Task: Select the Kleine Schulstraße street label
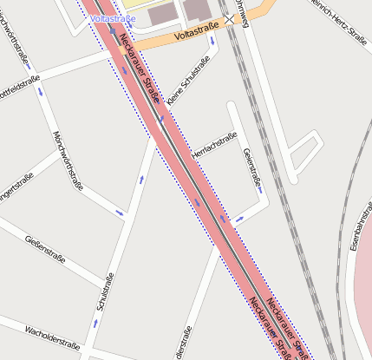pos(188,82)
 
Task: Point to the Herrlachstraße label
pos(213,145)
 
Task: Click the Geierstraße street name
pos(252,168)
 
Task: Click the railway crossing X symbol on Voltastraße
pos(230,18)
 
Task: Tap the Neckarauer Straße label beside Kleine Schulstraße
pos(140,69)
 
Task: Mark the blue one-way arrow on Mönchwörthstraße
pos(120,212)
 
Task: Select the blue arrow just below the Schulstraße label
pos(96,322)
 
